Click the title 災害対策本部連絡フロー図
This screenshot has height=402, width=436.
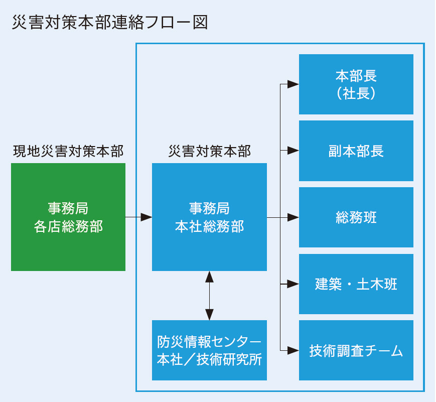pyautogui.click(x=110, y=23)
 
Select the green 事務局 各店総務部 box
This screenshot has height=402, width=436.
pyautogui.click(x=68, y=217)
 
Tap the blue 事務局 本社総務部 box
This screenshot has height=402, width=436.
pyautogui.click(x=209, y=217)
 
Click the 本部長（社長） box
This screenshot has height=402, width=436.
pyautogui.click(x=356, y=84)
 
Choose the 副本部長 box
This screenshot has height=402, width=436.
pyautogui.click(x=356, y=151)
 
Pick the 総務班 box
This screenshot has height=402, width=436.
pyautogui.click(x=356, y=217)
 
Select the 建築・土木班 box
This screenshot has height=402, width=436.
pyautogui.click(x=356, y=284)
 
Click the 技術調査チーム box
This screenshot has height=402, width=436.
pyautogui.click(x=356, y=350)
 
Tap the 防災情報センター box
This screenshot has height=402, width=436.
pyautogui.click(x=209, y=350)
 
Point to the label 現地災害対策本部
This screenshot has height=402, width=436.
pyautogui.click(x=68, y=152)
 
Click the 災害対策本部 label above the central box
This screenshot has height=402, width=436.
pyautogui.click(x=210, y=152)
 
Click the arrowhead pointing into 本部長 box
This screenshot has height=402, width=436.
pyautogui.click(x=293, y=84)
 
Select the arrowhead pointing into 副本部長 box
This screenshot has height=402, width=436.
pyautogui.click(x=293, y=151)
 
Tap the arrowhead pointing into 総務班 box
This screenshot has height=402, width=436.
pyautogui.click(x=293, y=217)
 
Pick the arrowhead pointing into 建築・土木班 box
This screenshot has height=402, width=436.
pyautogui.click(x=293, y=284)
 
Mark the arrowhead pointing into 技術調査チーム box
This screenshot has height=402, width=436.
pyautogui.click(x=293, y=350)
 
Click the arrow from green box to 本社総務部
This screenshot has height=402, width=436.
pyautogui.click(x=139, y=217)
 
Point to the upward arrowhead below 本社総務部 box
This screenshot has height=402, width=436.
pyautogui.click(x=209, y=277)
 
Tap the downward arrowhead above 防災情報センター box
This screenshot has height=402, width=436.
pyautogui.click(x=209, y=315)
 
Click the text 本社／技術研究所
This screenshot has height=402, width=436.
pyautogui.click(x=209, y=359)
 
